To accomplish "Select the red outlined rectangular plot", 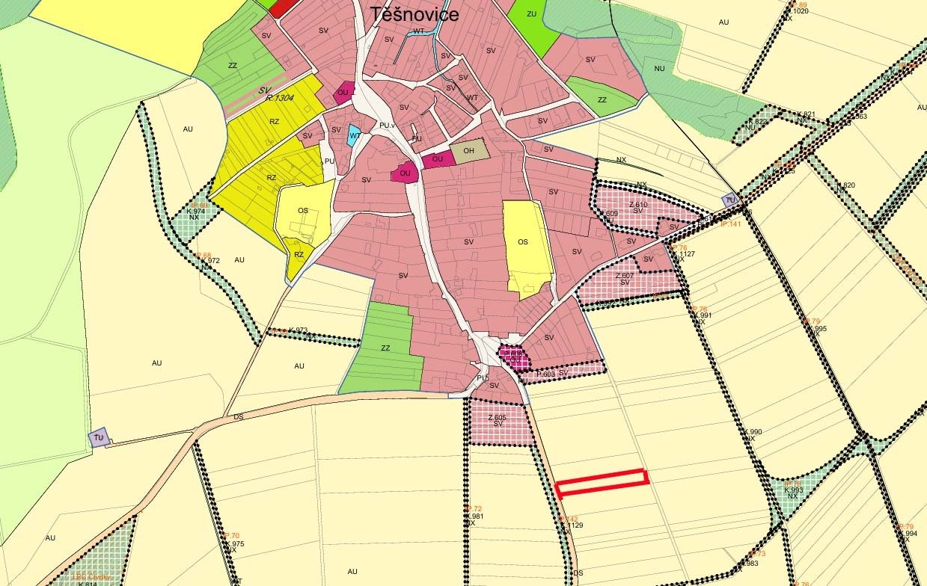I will [x=602, y=482].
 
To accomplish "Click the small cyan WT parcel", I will [x=354, y=136].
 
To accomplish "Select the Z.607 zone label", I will [x=624, y=276].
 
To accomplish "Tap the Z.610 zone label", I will [x=637, y=204].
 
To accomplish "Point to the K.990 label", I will [x=753, y=432].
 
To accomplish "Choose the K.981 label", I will [x=475, y=516].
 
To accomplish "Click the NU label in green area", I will [x=659, y=68].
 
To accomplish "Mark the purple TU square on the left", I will [x=99, y=437].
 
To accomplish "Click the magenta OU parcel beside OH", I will [x=438, y=159].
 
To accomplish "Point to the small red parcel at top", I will [x=282, y=7].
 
